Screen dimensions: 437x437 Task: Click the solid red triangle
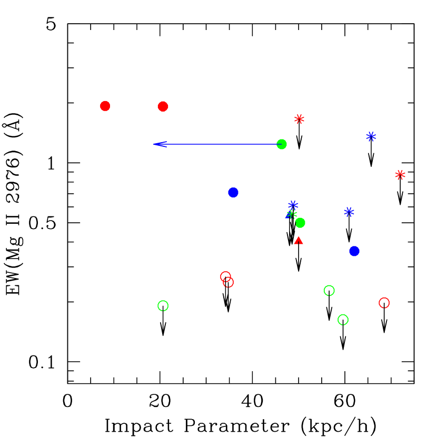click(x=299, y=241)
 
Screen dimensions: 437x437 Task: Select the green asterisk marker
click(x=292, y=214)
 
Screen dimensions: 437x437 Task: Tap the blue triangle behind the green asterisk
click(x=289, y=215)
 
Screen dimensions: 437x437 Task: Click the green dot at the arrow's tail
click(x=282, y=144)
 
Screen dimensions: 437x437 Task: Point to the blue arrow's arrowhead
click(x=154, y=144)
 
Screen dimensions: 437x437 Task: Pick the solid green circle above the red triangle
click(x=300, y=223)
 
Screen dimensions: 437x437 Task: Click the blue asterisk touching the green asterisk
click(x=293, y=205)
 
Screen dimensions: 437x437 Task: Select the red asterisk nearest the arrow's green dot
click(x=299, y=119)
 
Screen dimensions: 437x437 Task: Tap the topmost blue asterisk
click(x=371, y=136)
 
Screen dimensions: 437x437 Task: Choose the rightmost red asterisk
click(x=400, y=175)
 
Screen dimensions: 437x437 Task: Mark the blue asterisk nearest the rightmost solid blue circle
click(x=349, y=212)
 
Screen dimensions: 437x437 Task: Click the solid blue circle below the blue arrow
click(x=233, y=193)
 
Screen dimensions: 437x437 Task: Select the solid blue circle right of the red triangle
click(x=354, y=251)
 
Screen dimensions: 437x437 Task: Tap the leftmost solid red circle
click(x=105, y=106)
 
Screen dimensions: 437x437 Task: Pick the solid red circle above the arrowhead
click(x=163, y=106)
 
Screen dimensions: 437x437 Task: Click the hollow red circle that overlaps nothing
click(x=384, y=303)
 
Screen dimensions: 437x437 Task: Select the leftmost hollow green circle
click(x=163, y=306)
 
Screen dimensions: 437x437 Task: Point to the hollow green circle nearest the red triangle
click(x=329, y=291)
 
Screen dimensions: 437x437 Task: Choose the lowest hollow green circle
click(x=343, y=320)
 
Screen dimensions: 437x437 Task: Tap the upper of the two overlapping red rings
click(x=225, y=276)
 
